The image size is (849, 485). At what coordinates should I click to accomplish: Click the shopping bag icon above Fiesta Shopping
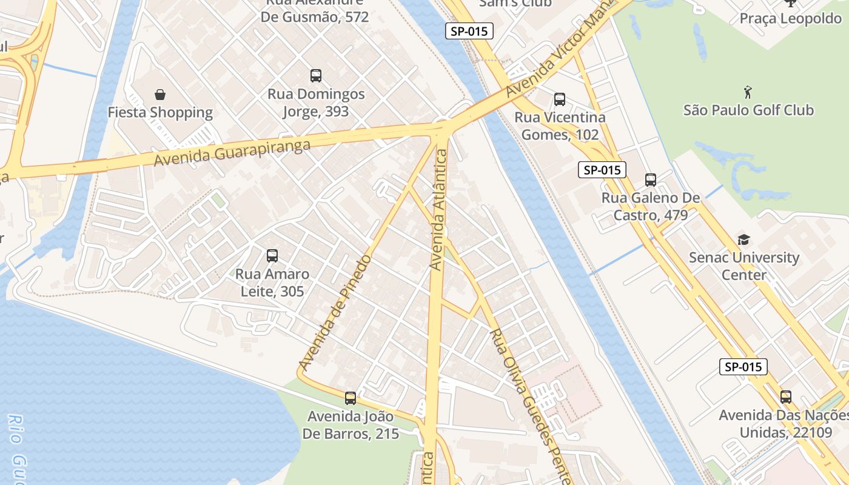[x=160, y=95]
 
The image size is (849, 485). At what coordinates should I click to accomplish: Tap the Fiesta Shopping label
[x=160, y=113]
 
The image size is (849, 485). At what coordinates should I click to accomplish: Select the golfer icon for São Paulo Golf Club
[x=748, y=93]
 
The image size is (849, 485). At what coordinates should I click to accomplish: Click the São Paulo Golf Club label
[x=748, y=110]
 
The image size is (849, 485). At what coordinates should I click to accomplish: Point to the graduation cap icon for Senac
[x=743, y=240]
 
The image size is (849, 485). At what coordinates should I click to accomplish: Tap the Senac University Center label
[x=743, y=266]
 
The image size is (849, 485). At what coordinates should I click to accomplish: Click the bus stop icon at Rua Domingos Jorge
[x=316, y=76]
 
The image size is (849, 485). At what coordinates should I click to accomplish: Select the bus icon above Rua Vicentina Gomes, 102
[x=560, y=99]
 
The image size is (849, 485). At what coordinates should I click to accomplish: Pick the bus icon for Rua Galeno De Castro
[x=651, y=180]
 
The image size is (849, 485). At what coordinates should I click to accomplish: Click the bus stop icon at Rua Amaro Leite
[x=272, y=256]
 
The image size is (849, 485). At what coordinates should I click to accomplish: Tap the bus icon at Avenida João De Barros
[x=351, y=398]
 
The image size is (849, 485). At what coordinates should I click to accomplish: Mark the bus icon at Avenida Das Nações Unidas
[x=786, y=397]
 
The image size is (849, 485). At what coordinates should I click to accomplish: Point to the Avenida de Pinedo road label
[x=335, y=312]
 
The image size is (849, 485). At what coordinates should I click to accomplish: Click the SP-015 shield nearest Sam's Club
[x=469, y=31]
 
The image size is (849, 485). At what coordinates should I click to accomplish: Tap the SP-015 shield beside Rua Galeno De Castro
[x=602, y=170]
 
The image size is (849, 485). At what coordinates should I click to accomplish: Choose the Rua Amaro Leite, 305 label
[x=272, y=283]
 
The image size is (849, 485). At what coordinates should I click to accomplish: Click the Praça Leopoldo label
[x=790, y=19]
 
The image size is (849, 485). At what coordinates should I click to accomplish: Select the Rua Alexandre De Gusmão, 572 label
[x=315, y=11]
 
